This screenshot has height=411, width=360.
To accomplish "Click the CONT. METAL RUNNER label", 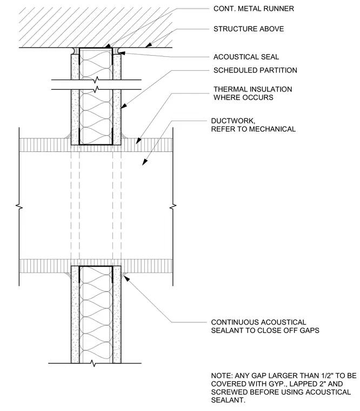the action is click(x=254, y=9).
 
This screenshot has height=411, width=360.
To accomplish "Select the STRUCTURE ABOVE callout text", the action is click(x=249, y=29).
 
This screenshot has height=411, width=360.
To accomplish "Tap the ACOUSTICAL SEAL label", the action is click(x=246, y=57).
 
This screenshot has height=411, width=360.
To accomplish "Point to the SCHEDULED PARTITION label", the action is click(x=255, y=70).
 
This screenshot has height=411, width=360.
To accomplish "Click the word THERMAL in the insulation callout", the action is click(x=230, y=89).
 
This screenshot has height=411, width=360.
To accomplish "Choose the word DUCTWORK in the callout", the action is click(x=233, y=121).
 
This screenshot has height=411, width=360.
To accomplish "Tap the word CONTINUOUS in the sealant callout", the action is click(x=235, y=322).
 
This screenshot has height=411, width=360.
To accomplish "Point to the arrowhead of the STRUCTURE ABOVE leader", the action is click(x=148, y=45).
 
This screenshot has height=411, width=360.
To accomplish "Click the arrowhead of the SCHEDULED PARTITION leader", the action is click(x=124, y=105).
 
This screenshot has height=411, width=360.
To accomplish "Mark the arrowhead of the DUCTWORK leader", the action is click(x=145, y=162).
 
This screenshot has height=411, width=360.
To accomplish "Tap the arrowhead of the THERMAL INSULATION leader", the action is click(x=138, y=141).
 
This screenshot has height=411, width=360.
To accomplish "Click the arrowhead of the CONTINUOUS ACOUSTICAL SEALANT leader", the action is click(x=127, y=279).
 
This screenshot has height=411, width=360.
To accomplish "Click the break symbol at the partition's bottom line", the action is click(x=93, y=363).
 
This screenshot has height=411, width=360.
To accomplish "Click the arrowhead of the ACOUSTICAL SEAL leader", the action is click(x=122, y=53).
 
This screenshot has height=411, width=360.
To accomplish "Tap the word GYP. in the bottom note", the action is click(x=263, y=384).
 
